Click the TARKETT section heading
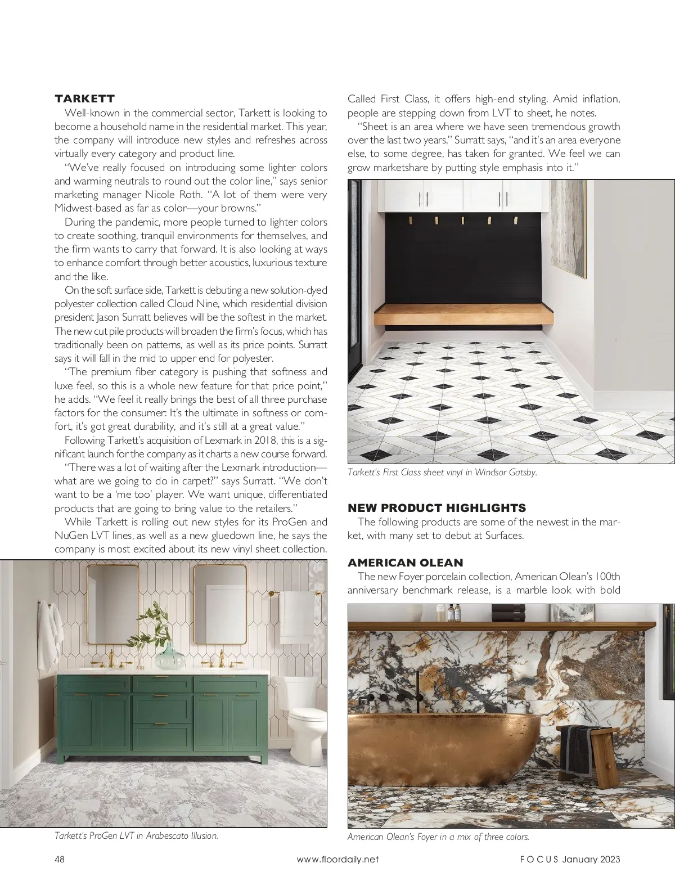84,99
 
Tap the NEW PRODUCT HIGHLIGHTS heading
437,508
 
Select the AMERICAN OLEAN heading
405,563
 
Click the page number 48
60,859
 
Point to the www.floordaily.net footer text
337,859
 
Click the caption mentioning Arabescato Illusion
136,835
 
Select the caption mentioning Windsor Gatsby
442,473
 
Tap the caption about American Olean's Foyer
438,837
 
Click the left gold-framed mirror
112,604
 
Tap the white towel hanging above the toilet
298,616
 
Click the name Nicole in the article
160,195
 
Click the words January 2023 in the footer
591,859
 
